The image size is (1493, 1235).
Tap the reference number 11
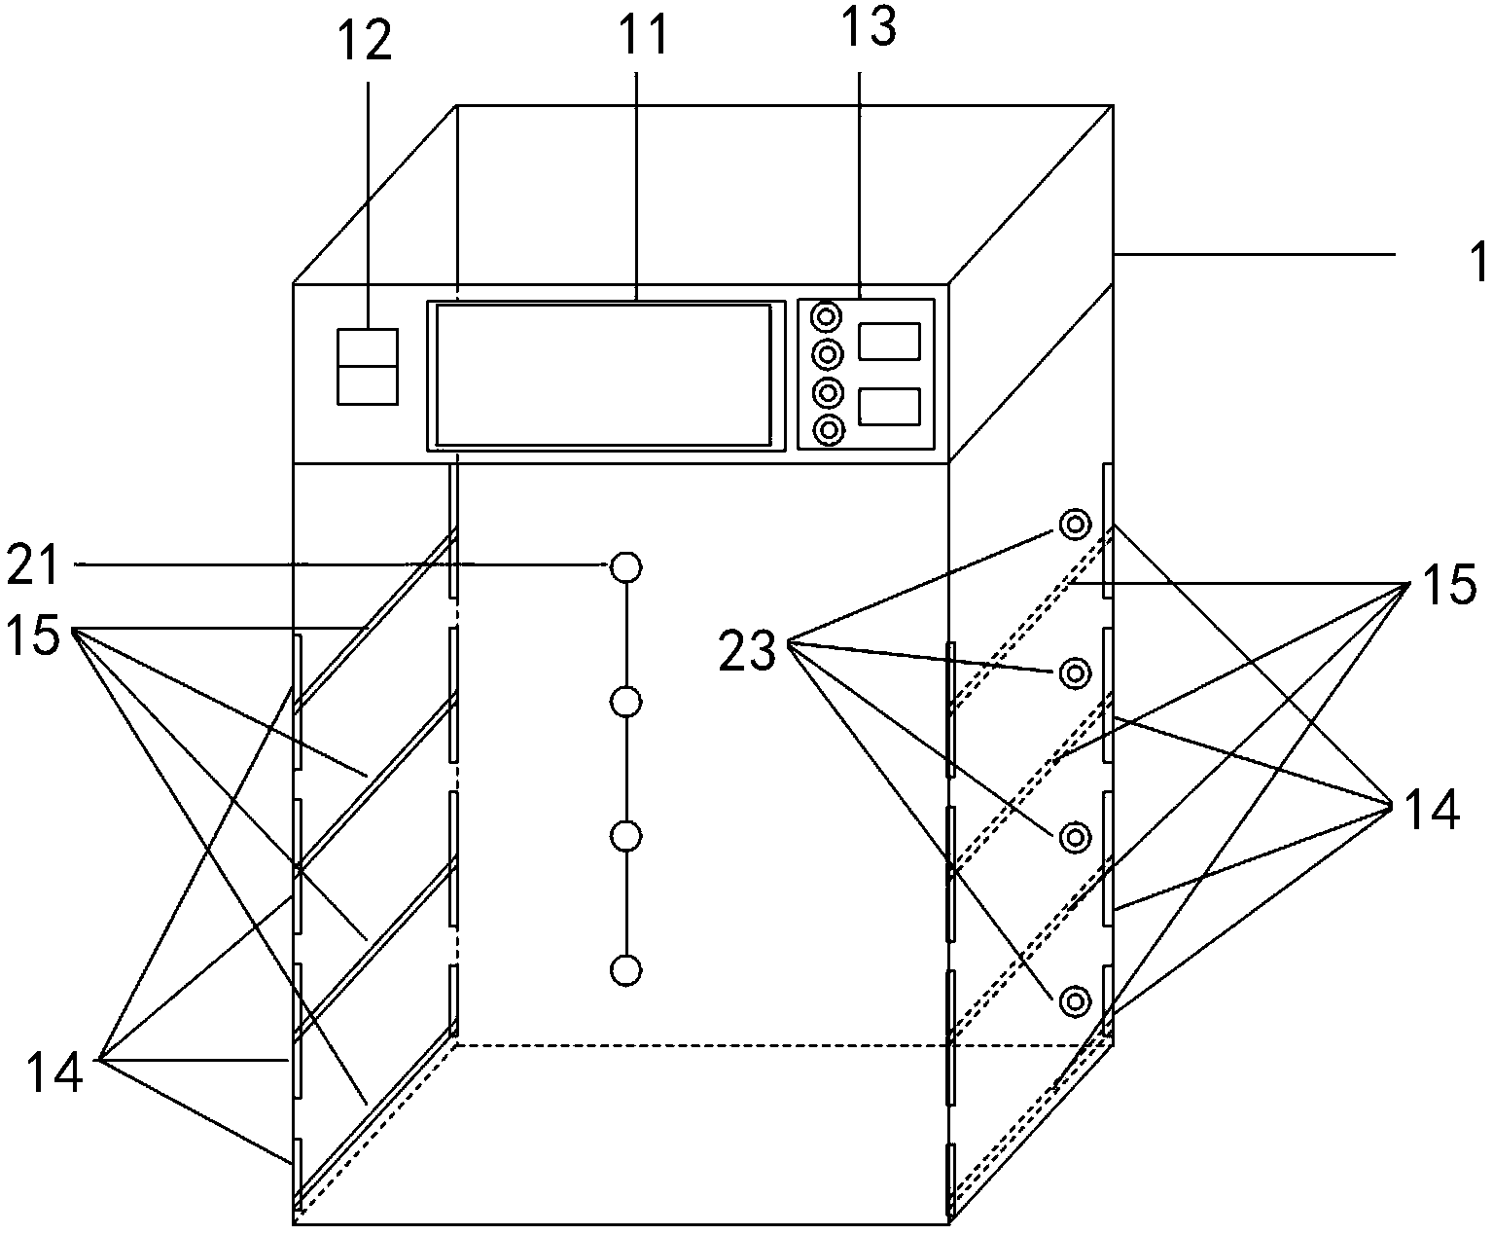coord(644,34)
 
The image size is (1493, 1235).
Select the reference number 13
coord(868,26)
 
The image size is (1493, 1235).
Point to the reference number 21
coord(32,565)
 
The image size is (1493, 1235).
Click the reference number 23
coord(747,651)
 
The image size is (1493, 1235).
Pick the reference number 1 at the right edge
coord(1477,262)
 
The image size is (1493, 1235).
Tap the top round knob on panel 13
coord(827,317)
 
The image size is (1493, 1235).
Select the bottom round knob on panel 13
coord(829,430)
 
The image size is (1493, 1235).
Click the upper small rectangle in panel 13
coord(890,342)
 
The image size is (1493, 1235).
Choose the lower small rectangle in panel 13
coord(890,407)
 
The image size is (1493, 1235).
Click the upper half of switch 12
coord(368,347)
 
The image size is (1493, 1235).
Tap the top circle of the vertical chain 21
coord(625,567)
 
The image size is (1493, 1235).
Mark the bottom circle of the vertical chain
coord(625,970)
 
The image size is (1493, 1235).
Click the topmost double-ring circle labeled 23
coord(1075,525)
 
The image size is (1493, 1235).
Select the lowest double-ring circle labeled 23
coord(1075,1001)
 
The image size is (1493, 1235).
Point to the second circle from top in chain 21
coord(625,703)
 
